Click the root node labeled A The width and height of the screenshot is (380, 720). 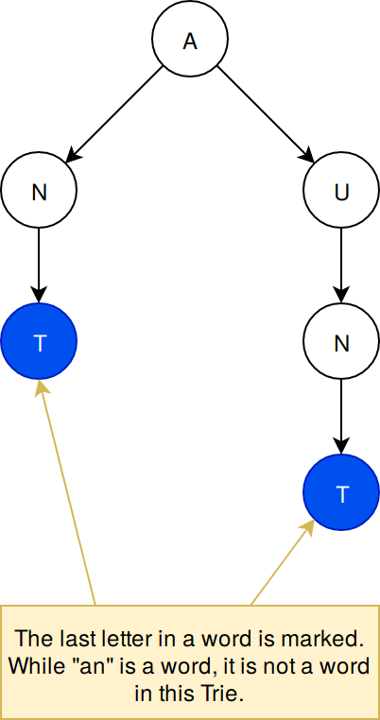[190, 38]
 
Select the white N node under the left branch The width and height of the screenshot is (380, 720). [39, 190]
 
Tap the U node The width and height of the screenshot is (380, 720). [341, 190]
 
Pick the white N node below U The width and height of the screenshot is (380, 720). [341, 341]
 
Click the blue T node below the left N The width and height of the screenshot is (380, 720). [39, 341]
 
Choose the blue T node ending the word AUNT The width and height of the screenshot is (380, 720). [341, 491]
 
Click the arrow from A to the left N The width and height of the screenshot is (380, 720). [114, 114]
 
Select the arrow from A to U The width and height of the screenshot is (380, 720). [266, 114]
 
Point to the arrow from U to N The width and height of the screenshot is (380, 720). [341, 266]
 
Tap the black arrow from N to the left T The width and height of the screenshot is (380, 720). [39, 266]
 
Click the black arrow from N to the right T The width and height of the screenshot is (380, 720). [341, 417]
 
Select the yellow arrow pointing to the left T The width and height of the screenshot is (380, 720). [67, 493]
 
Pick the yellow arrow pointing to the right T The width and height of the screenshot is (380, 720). [282, 562]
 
